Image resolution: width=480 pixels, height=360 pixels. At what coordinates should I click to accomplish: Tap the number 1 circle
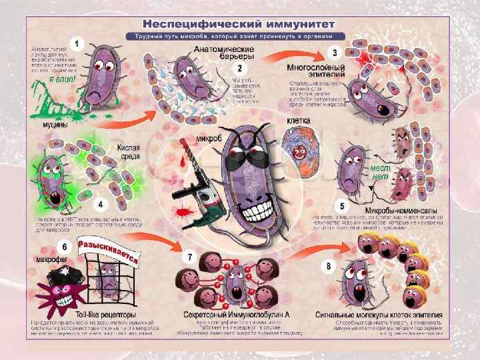tap(77, 44)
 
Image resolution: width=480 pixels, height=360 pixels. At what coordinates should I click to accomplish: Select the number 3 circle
tap(335, 51)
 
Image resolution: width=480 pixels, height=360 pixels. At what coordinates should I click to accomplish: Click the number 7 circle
tap(190, 257)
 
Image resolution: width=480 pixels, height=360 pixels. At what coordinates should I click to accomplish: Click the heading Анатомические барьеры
tap(224, 53)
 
